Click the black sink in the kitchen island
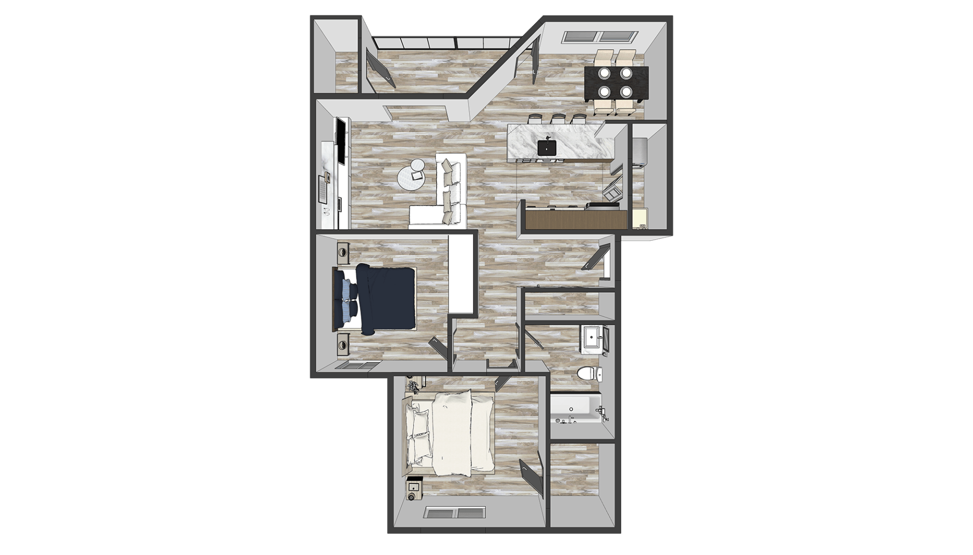[547, 147]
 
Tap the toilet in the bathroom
[588, 374]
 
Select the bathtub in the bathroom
[575, 410]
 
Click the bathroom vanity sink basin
[591, 337]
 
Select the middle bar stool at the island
[558, 119]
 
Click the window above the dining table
[601, 36]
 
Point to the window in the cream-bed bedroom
[454, 512]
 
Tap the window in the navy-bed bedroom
[357, 365]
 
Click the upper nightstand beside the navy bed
[343, 252]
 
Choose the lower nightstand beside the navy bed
[343, 344]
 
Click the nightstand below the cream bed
[415, 488]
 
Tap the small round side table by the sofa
[418, 165]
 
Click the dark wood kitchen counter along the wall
[575, 219]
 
